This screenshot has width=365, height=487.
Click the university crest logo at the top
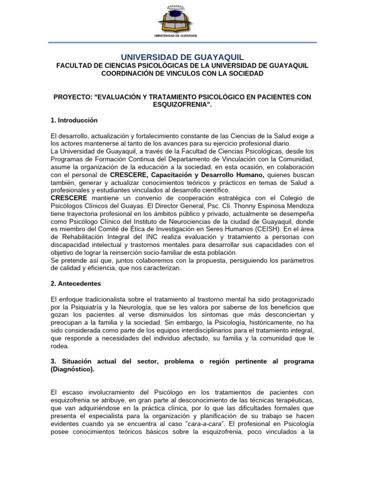click(x=182, y=19)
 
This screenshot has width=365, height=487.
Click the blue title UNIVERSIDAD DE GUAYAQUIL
click(x=182, y=57)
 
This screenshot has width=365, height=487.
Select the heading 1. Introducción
click(x=74, y=120)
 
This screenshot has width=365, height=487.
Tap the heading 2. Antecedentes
click(x=75, y=283)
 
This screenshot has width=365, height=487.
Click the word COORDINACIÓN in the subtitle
click(x=129, y=74)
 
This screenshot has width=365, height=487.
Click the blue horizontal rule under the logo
click(x=182, y=42)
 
